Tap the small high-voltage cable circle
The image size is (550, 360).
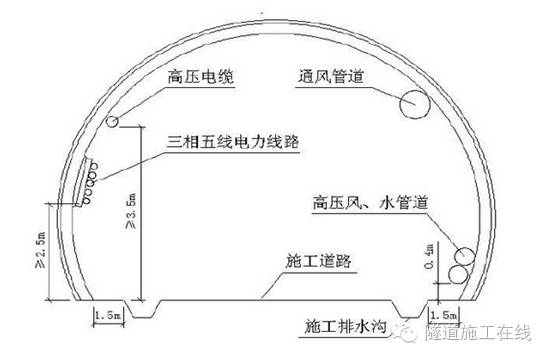(x=115, y=122)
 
